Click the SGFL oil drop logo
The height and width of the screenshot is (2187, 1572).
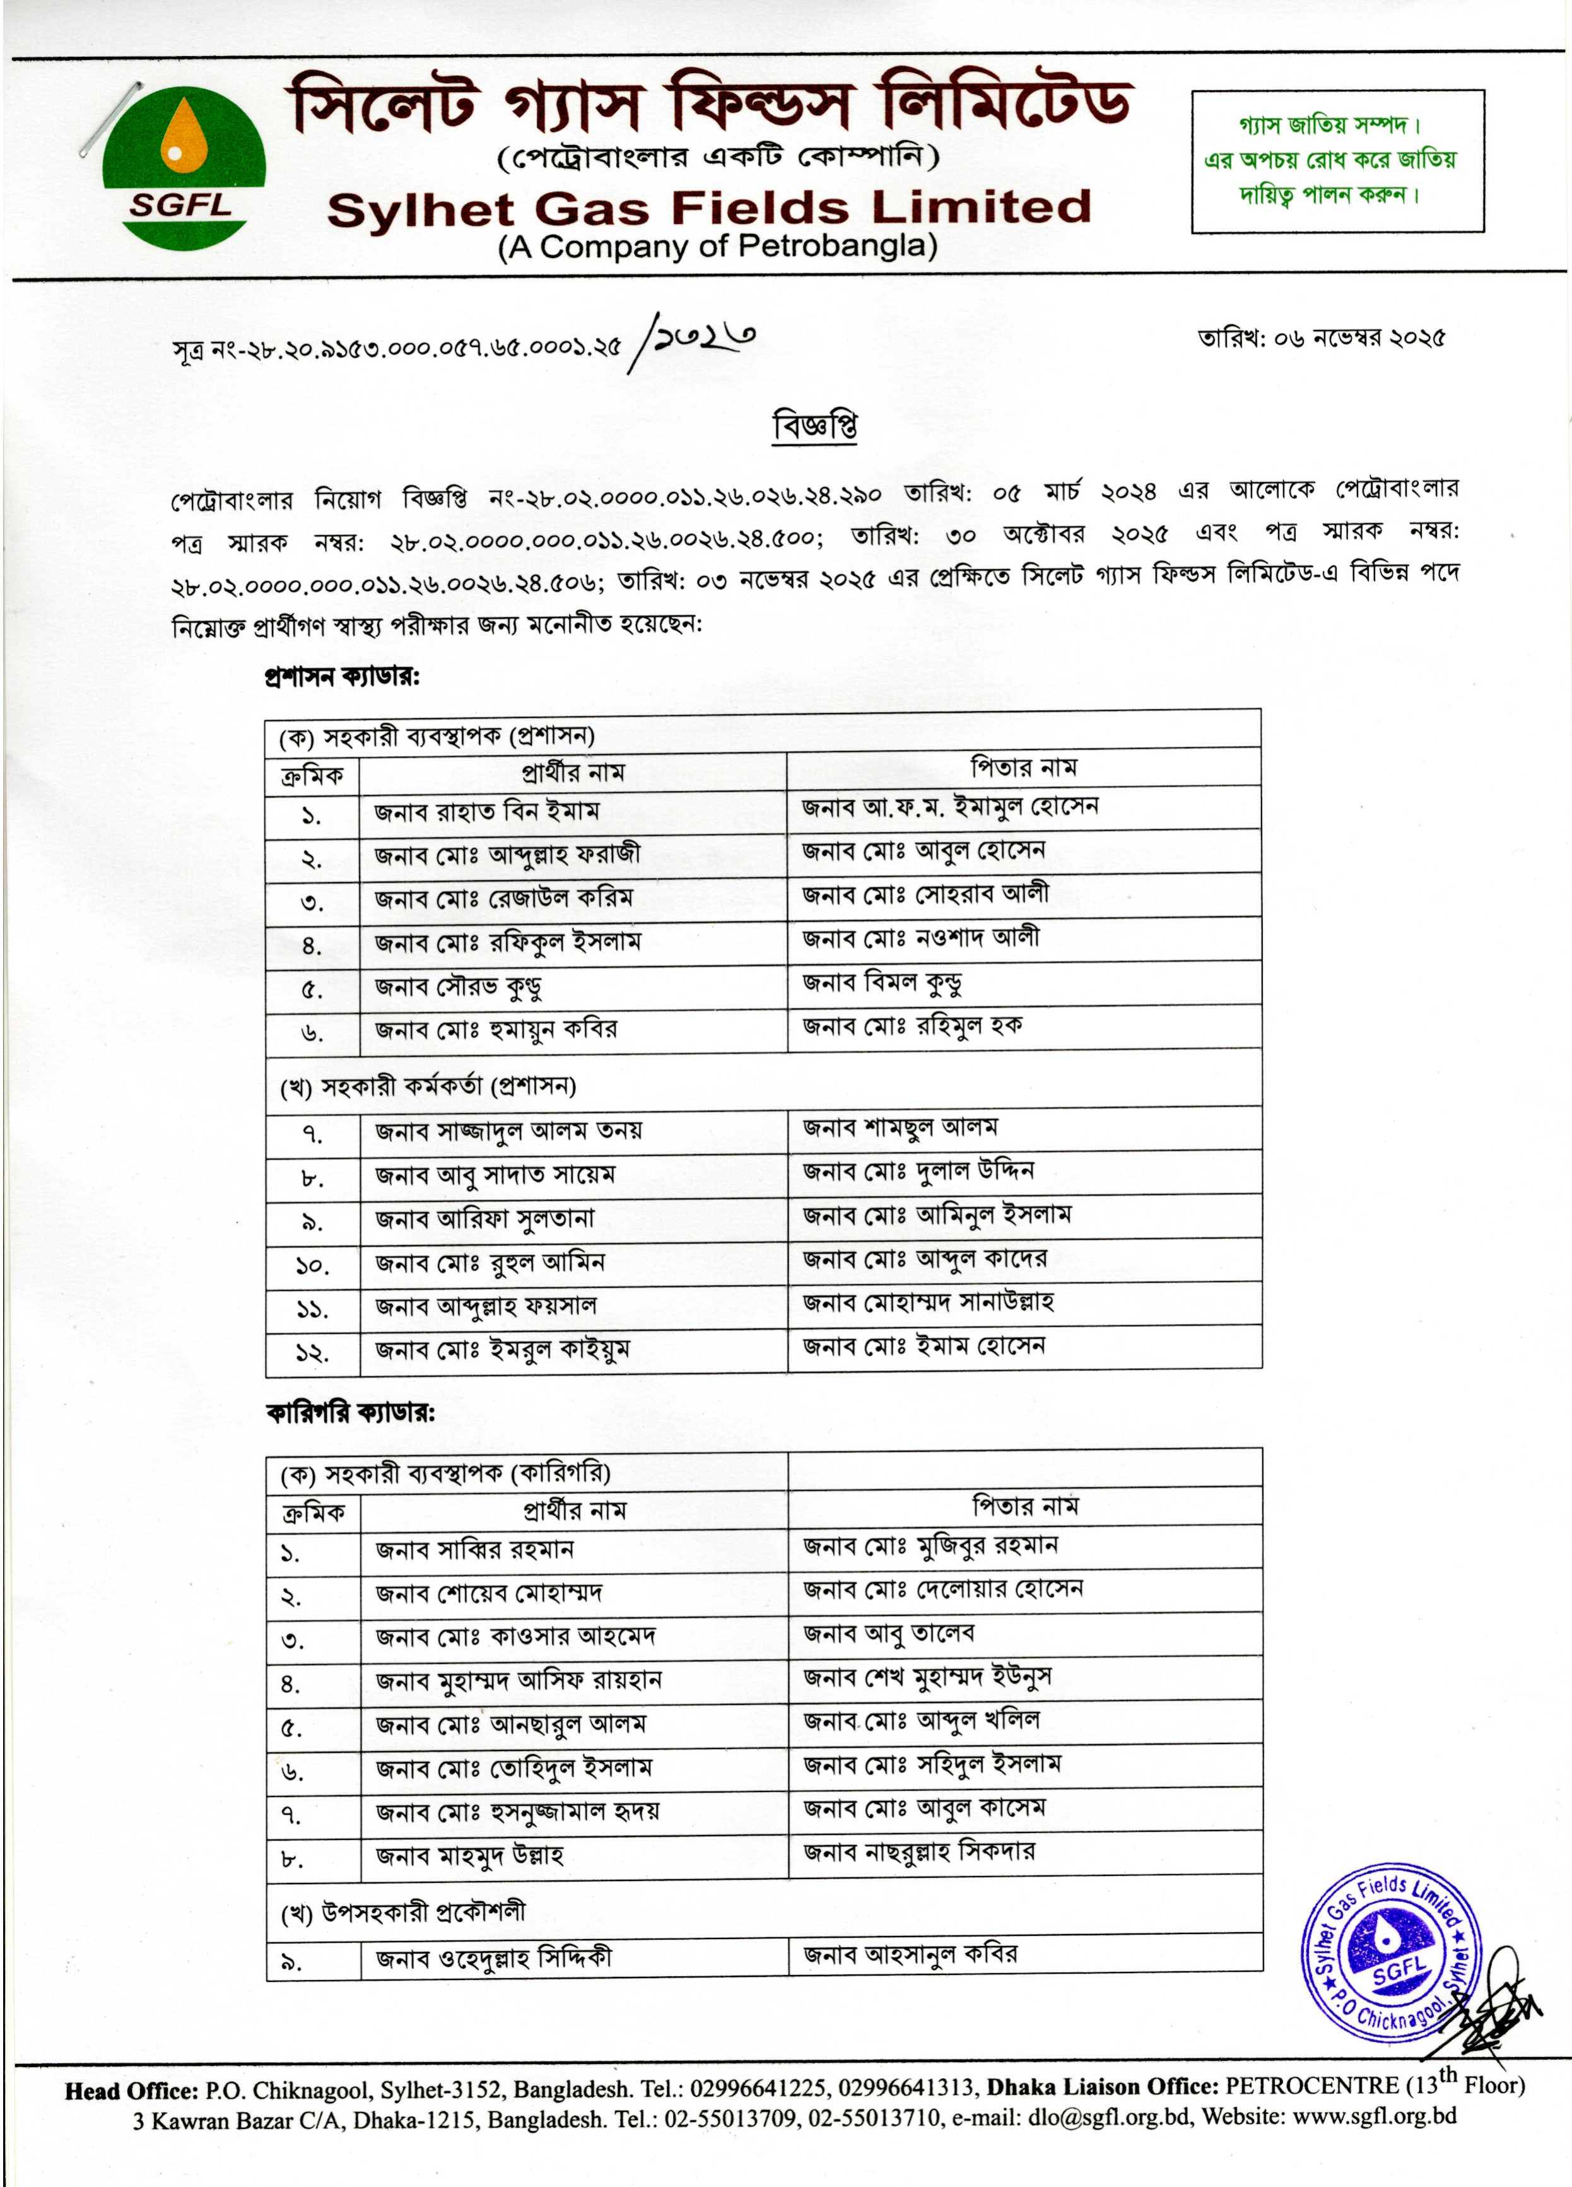(x=183, y=166)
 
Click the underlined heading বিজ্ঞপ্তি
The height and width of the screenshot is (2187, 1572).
(x=815, y=425)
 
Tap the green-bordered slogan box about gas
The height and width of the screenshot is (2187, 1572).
(x=1337, y=161)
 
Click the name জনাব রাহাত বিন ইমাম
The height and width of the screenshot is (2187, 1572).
(x=486, y=812)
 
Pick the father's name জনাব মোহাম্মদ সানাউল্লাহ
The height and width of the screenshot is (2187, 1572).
(x=928, y=1303)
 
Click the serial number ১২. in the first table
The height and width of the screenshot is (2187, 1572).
(x=312, y=1353)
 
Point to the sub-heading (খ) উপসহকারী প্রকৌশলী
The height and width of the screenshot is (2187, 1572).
(x=403, y=1911)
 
